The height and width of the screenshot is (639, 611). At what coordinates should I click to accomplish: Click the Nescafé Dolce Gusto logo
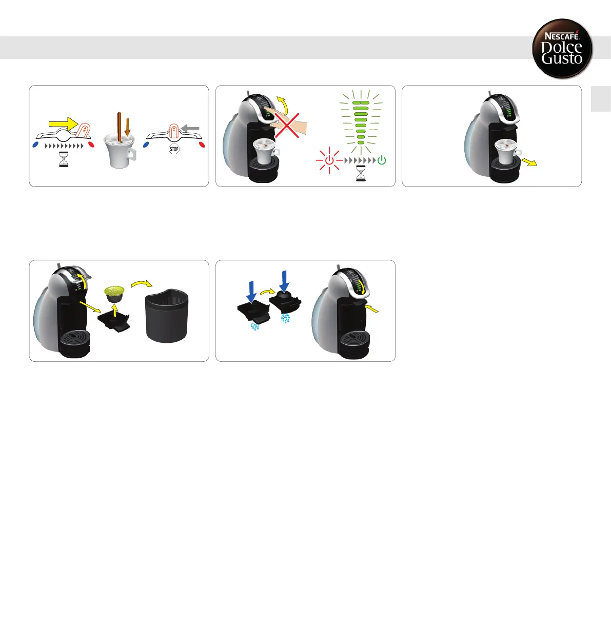coord(562,49)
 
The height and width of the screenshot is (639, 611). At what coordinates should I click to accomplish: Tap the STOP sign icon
coord(174,149)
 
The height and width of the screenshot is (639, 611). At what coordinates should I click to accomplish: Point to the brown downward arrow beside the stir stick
coord(128,126)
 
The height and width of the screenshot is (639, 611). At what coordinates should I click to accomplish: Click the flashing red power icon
coord(329,160)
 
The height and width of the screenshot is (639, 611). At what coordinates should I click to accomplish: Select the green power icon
coord(382,160)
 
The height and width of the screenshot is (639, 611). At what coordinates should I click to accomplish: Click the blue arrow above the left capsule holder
coord(251,291)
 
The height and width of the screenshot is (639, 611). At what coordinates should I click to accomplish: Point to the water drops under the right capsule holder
coord(285,319)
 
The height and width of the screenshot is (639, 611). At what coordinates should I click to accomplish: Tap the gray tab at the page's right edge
coord(601,98)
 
